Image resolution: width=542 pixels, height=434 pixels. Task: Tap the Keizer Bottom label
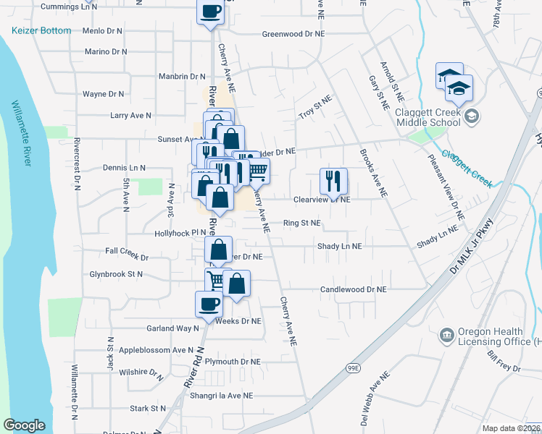41,30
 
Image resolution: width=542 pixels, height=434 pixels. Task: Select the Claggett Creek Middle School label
427,116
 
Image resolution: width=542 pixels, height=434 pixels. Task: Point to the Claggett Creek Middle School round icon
472,116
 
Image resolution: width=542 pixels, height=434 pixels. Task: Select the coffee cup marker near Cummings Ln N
211,11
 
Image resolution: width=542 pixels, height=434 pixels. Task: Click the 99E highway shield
353,367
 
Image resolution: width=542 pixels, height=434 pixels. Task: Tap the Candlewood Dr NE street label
354,289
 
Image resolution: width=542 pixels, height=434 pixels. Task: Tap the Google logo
24,425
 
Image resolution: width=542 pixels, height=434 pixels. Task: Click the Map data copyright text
512,428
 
